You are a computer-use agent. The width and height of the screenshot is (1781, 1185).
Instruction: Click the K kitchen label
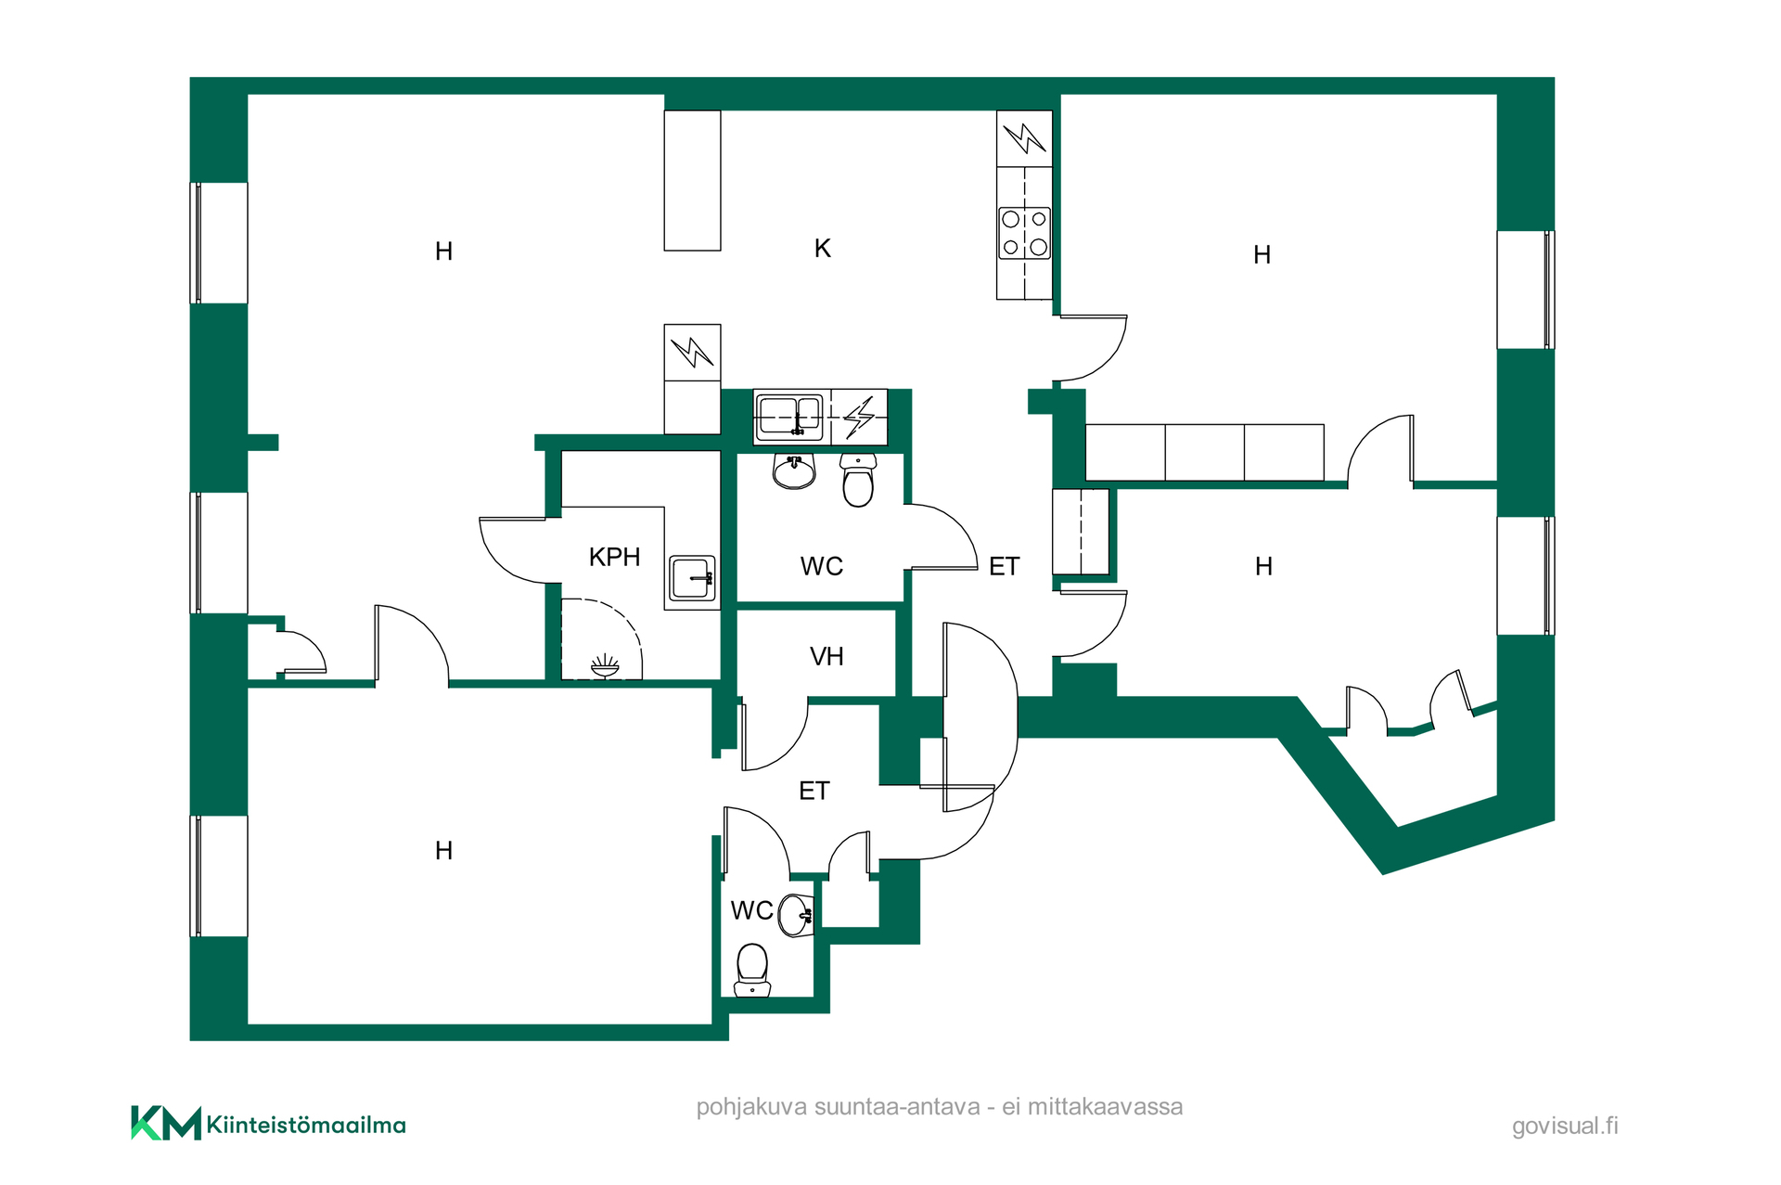(823, 249)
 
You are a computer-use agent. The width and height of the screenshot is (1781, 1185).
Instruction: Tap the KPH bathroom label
(615, 557)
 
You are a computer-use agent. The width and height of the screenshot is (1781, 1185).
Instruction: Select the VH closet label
(826, 657)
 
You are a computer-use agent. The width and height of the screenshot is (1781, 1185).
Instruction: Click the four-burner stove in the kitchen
(1024, 233)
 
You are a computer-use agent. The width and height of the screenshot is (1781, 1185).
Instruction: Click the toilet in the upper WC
(858, 480)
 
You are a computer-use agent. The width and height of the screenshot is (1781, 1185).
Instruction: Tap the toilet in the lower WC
(752, 971)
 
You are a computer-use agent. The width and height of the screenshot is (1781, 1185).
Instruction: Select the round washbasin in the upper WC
(794, 470)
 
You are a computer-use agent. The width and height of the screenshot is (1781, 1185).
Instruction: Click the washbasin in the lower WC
(796, 916)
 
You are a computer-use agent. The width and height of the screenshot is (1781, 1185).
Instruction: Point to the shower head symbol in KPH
(605, 666)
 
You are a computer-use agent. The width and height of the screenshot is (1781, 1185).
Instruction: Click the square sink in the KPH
(692, 578)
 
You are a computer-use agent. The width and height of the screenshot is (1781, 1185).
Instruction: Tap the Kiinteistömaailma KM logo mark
(166, 1123)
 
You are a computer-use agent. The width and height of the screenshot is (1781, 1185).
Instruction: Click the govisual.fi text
(1565, 1126)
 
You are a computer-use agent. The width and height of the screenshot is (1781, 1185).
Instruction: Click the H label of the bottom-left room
(443, 851)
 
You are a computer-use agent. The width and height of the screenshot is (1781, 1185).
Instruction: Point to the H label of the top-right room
(1262, 255)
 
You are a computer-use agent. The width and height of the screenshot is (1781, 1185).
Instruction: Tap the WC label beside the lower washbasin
(752, 911)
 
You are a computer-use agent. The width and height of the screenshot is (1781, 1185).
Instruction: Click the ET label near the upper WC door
(1005, 567)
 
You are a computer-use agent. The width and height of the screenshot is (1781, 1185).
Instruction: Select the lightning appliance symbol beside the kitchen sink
(859, 417)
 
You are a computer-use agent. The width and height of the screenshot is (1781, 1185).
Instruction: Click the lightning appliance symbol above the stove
(1025, 139)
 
